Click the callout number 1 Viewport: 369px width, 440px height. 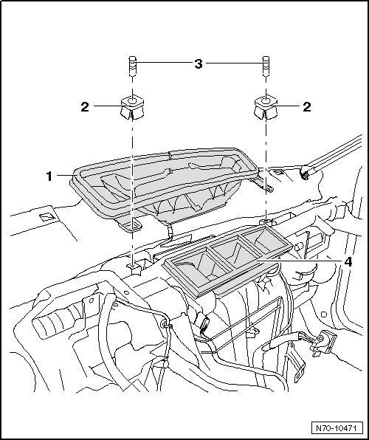coord(49,176)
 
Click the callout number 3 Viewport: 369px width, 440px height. coord(199,64)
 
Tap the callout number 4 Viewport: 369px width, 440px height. coord(348,262)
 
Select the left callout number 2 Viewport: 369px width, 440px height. coord(85,107)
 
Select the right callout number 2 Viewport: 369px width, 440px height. coord(307,107)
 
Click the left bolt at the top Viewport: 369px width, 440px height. coord(132,66)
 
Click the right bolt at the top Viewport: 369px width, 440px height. coord(266,66)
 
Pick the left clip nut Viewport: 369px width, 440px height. coord(132,108)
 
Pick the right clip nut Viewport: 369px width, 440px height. coord(266,108)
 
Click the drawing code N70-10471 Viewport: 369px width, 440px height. coord(336,428)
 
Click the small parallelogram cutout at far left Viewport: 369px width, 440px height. coord(46,217)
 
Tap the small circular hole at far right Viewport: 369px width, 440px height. coord(324,314)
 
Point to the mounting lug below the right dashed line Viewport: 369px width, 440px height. coord(266,222)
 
